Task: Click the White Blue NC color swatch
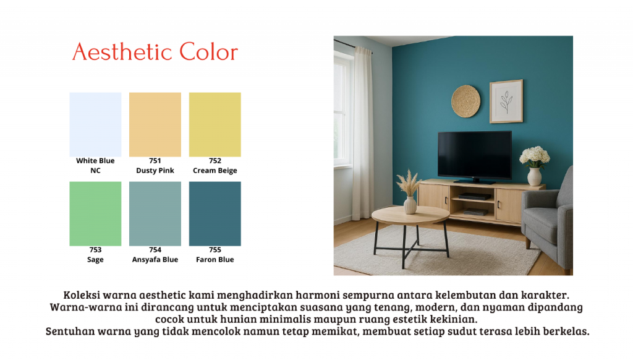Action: point(95,124)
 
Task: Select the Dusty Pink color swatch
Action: point(155,124)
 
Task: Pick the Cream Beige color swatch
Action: point(215,124)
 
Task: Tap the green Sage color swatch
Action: point(95,214)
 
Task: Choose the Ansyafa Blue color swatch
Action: point(155,214)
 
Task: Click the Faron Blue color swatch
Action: point(215,214)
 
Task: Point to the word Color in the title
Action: point(209,52)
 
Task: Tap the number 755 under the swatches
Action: point(215,250)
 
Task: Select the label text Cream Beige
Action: point(215,171)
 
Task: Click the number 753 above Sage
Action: point(95,250)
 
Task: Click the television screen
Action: point(475,155)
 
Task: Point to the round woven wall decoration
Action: point(466,101)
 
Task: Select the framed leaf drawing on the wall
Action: point(506,101)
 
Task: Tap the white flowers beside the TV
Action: point(535,156)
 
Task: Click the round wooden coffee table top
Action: point(410,215)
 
